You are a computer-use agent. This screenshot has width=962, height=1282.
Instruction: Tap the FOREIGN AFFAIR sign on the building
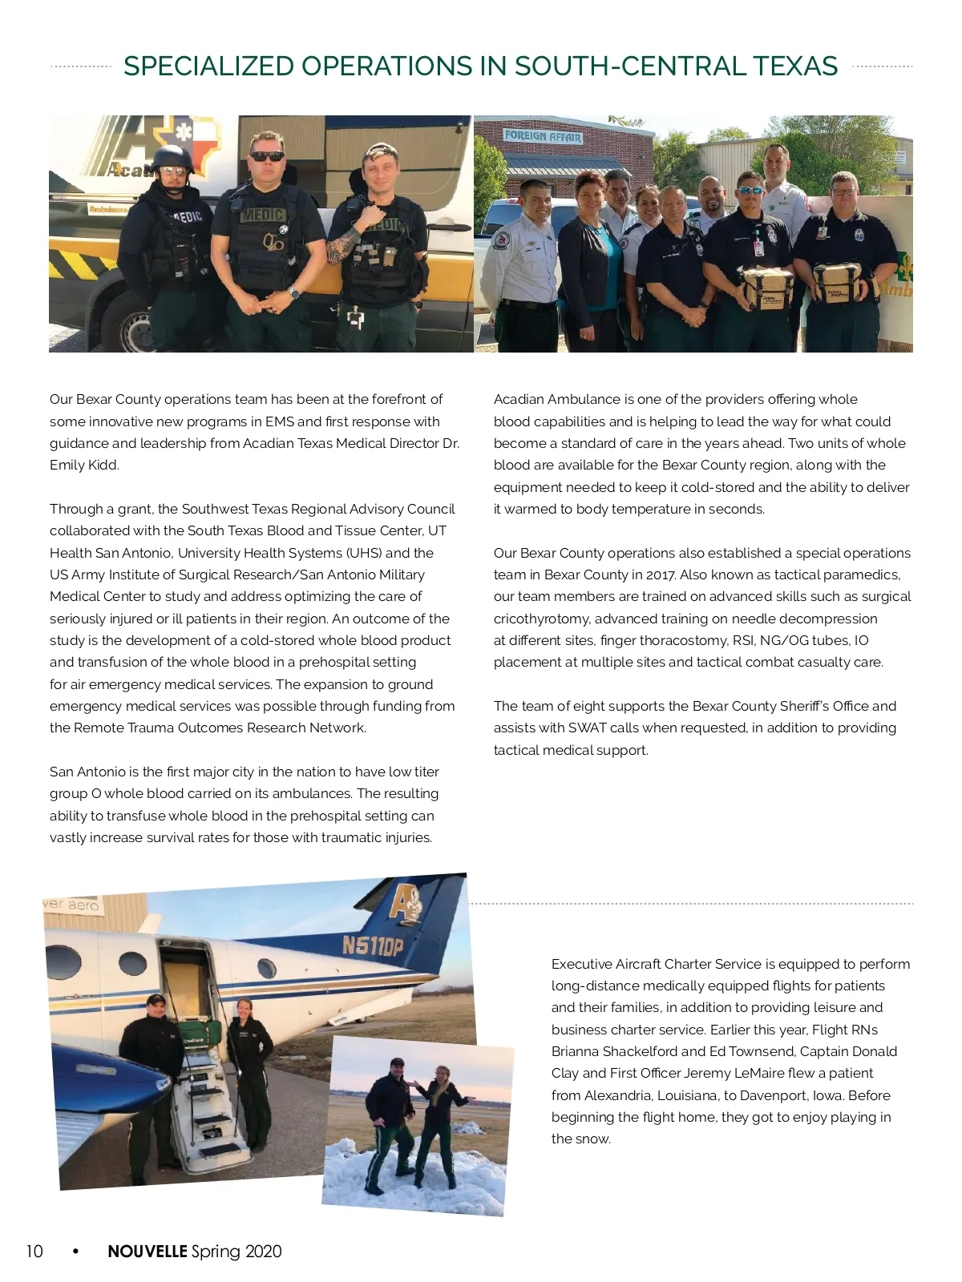543,136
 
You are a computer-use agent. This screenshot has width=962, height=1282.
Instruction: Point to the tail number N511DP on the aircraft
373,945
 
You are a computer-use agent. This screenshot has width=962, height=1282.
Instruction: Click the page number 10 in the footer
34,1252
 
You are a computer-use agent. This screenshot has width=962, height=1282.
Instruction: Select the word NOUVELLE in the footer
148,1252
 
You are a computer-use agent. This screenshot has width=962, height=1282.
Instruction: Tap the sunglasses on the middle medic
267,156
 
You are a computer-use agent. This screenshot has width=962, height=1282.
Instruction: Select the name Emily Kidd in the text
84,465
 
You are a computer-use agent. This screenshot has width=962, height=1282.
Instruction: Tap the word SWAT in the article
587,728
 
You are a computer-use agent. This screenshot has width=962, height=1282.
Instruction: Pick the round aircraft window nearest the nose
64,961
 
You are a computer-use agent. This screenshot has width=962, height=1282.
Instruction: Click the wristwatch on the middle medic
294,293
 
